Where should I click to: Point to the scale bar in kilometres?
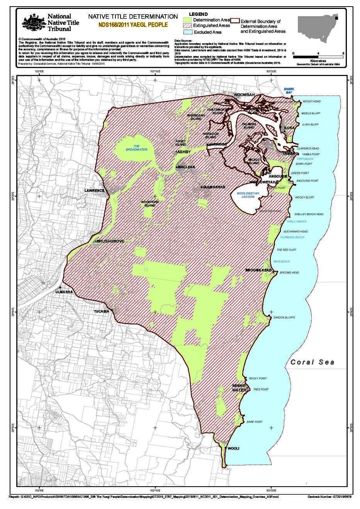point(318,56)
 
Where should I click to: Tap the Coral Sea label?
point(312,362)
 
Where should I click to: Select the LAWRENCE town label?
point(95,191)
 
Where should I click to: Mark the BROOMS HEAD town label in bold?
point(259,270)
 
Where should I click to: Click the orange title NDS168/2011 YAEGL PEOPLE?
point(133,25)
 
